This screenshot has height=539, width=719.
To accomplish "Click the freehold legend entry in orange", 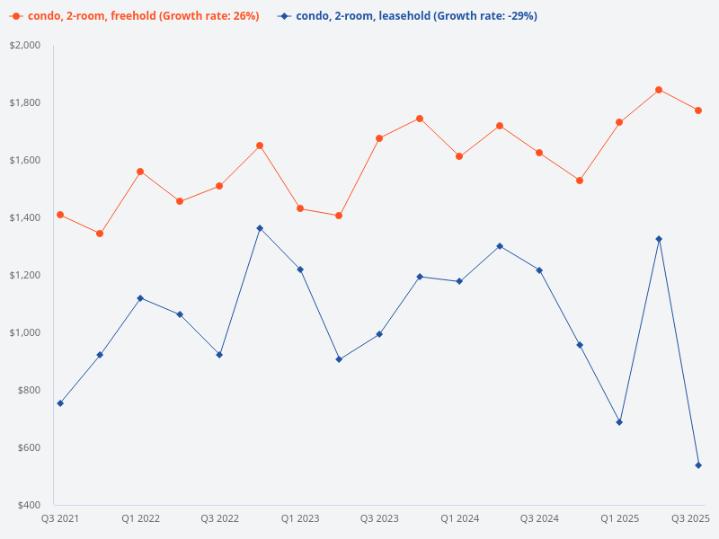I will click(x=135, y=16).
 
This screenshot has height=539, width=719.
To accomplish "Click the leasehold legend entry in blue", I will click(x=408, y=16).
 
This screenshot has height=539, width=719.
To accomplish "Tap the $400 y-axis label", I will click(x=29, y=505).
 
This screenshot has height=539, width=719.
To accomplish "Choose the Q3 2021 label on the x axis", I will click(x=60, y=518).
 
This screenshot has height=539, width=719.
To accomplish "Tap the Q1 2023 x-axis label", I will click(x=300, y=518).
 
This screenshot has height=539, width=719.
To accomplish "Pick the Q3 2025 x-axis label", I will click(x=691, y=518).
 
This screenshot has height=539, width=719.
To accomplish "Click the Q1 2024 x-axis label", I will click(x=459, y=518).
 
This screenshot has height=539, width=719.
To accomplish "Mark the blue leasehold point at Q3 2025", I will click(x=698, y=465).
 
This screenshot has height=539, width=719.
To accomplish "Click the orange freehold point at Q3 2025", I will click(x=698, y=110).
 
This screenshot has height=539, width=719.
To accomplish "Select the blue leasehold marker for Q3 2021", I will click(x=60, y=403).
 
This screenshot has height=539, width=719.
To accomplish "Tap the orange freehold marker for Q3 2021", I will click(x=60, y=215).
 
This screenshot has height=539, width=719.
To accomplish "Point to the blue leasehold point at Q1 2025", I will click(x=619, y=422).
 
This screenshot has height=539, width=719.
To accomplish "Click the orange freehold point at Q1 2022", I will click(x=140, y=172).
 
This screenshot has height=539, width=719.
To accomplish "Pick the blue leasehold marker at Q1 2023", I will click(x=300, y=269).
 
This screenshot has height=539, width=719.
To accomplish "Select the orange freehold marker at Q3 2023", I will click(x=379, y=138).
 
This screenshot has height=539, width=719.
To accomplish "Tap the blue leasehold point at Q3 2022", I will click(x=219, y=355).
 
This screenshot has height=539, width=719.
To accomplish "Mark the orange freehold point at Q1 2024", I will click(x=459, y=156).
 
